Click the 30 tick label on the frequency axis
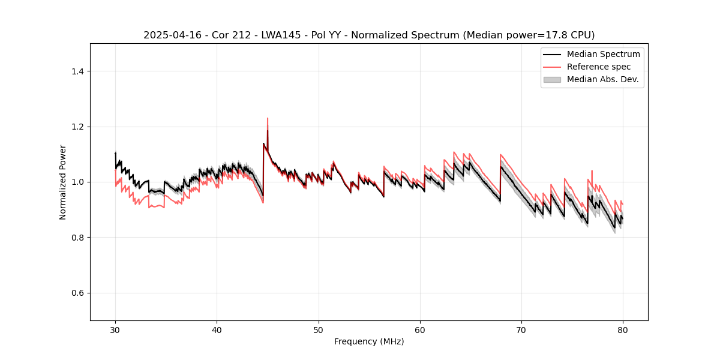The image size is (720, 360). [x=115, y=329]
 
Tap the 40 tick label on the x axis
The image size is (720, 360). [x=217, y=329]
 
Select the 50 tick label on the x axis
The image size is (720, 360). [x=319, y=329]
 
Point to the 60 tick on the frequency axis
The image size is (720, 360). [x=420, y=329]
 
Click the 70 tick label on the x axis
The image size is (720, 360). [x=521, y=329]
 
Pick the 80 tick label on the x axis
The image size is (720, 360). [x=623, y=329]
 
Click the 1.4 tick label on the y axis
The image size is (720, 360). [x=77, y=71]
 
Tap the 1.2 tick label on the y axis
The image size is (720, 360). [x=77, y=127]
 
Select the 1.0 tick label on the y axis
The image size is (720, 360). [x=77, y=182]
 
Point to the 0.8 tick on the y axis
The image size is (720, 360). [x=77, y=238]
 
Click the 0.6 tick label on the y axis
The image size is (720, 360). [x=77, y=293]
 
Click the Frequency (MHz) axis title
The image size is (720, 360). [x=369, y=341]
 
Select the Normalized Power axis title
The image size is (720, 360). [x=63, y=182]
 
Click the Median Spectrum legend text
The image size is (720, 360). [x=603, y=54]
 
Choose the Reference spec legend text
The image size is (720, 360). [x=599, y=67]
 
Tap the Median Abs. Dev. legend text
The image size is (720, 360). [x=603, y=79]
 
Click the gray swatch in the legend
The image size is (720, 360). [x=552, y=79]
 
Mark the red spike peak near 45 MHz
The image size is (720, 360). [x=268, y=118]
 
